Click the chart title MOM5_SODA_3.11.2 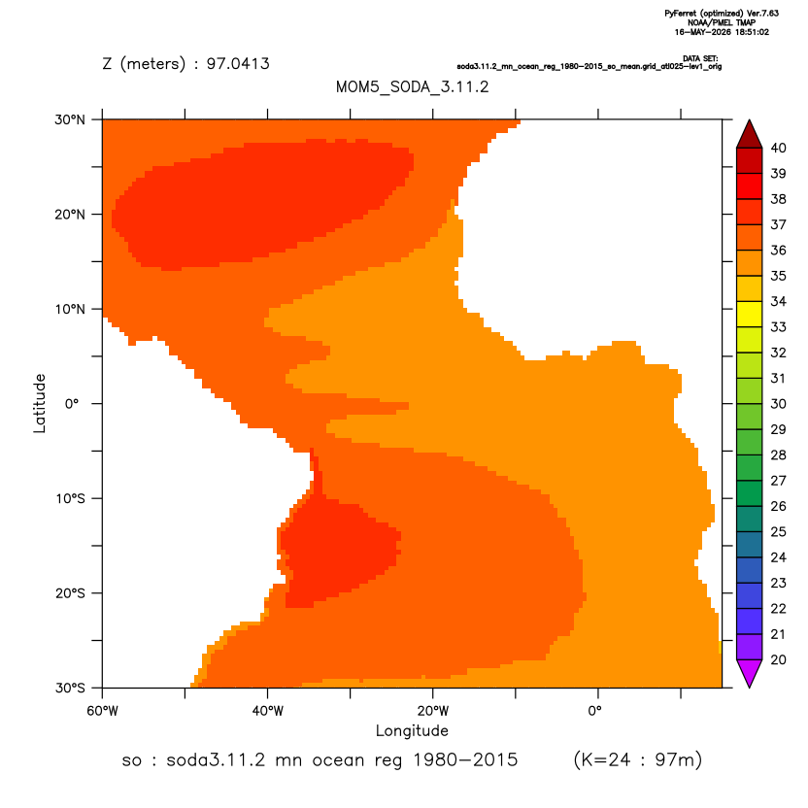tap(412, 86)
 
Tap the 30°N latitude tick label tap(70, 119)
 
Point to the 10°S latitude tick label tap(70, 498)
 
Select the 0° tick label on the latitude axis tap(72, 403)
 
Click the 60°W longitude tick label tap(103, 711)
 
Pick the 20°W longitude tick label tap(433, 711)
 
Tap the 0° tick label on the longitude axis tap(595, 711)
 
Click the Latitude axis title tap(40, 403)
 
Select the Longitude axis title tap(412, 730)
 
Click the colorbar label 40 tap(778, 148)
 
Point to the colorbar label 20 tap(778, 659)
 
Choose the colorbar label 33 tap(778, 326)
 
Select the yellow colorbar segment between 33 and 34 tap(750, 314)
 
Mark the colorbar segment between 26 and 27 tap(750, 493)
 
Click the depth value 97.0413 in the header tap(238, 63)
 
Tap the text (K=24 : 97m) tap(638, 759)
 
